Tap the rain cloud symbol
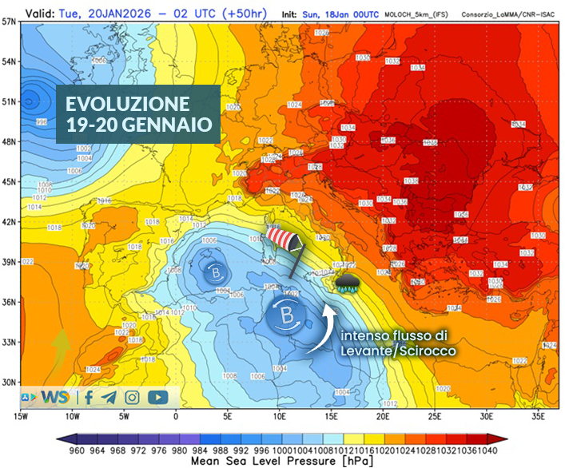click(x=348, y=284)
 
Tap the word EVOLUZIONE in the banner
click(x=128, y=104)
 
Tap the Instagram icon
click(x=132, y=396)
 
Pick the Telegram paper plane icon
click(x=109, y=396)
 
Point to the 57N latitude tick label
click(x=10, y=22)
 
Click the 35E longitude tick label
click(x=539, y=416)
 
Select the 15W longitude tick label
click(x=21, y=416)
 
